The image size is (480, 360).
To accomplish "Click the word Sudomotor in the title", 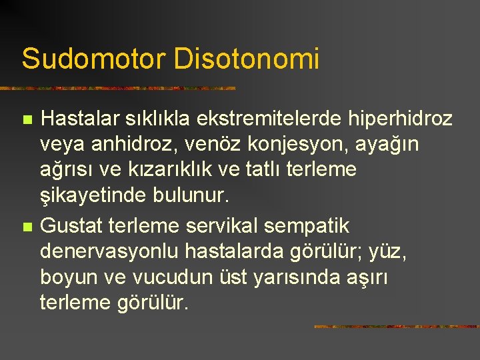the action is tap(94, 58).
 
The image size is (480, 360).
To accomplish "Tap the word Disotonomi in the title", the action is tap(247, 58).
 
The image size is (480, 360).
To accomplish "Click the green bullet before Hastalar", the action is tap(27, 119).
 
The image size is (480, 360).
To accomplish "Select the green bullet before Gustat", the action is tap(27, 227).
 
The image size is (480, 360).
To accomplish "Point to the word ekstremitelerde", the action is tap(269, 118).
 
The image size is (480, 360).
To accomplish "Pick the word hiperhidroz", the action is tap(400, 119).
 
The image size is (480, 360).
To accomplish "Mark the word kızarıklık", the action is tap(170, 169).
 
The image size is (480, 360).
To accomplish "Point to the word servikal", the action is tap(221, 226).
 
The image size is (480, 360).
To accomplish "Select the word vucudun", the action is tap(173, 277).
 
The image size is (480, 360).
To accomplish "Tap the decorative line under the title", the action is tap(118, 89).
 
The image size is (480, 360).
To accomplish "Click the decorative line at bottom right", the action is tap(397, 327).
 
